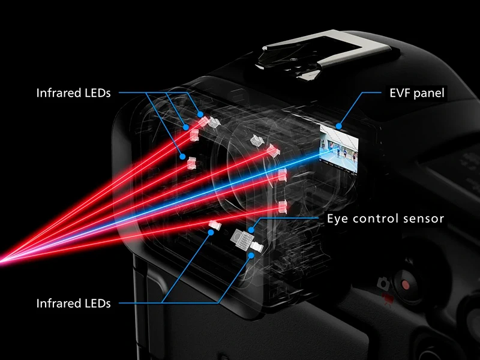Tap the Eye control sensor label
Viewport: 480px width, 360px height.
point(385,218)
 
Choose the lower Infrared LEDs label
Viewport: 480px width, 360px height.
point(73,304)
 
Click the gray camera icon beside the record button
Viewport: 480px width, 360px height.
point(383,282)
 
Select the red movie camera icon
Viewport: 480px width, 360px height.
point(387,297)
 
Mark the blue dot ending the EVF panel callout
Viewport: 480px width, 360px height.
point(340,127)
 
